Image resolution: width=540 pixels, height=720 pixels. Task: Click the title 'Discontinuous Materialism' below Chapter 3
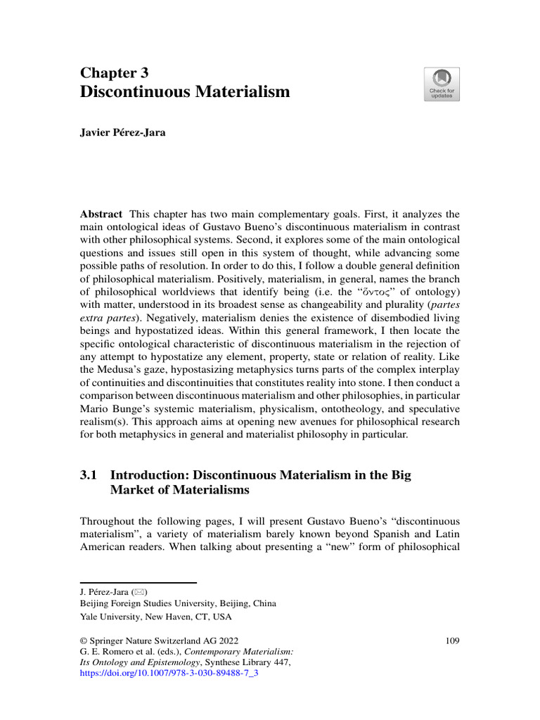[185, 91]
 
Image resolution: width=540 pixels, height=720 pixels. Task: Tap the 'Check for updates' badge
[442, 84]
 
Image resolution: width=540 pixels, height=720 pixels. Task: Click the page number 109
[452, 641]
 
